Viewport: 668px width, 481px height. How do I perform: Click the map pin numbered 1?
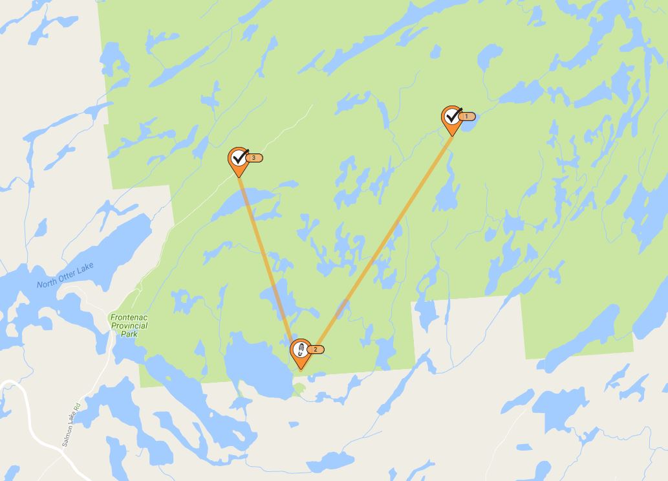click(451, 118)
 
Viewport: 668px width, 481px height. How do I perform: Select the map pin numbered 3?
click(239, 159)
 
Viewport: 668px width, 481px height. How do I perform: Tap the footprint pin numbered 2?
click(300, 351)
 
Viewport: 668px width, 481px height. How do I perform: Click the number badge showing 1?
click(467, 117)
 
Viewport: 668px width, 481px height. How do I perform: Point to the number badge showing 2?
click(316, 350)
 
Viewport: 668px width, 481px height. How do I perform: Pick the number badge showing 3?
click(254, 158)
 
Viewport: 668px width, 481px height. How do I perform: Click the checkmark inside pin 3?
click(239, 156)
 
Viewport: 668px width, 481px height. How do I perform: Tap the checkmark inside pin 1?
click(453, 115)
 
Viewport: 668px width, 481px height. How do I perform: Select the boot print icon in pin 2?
click(299, 350)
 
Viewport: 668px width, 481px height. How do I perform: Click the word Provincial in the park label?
click(129, 326)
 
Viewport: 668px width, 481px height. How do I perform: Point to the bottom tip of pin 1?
click(452, 135)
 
